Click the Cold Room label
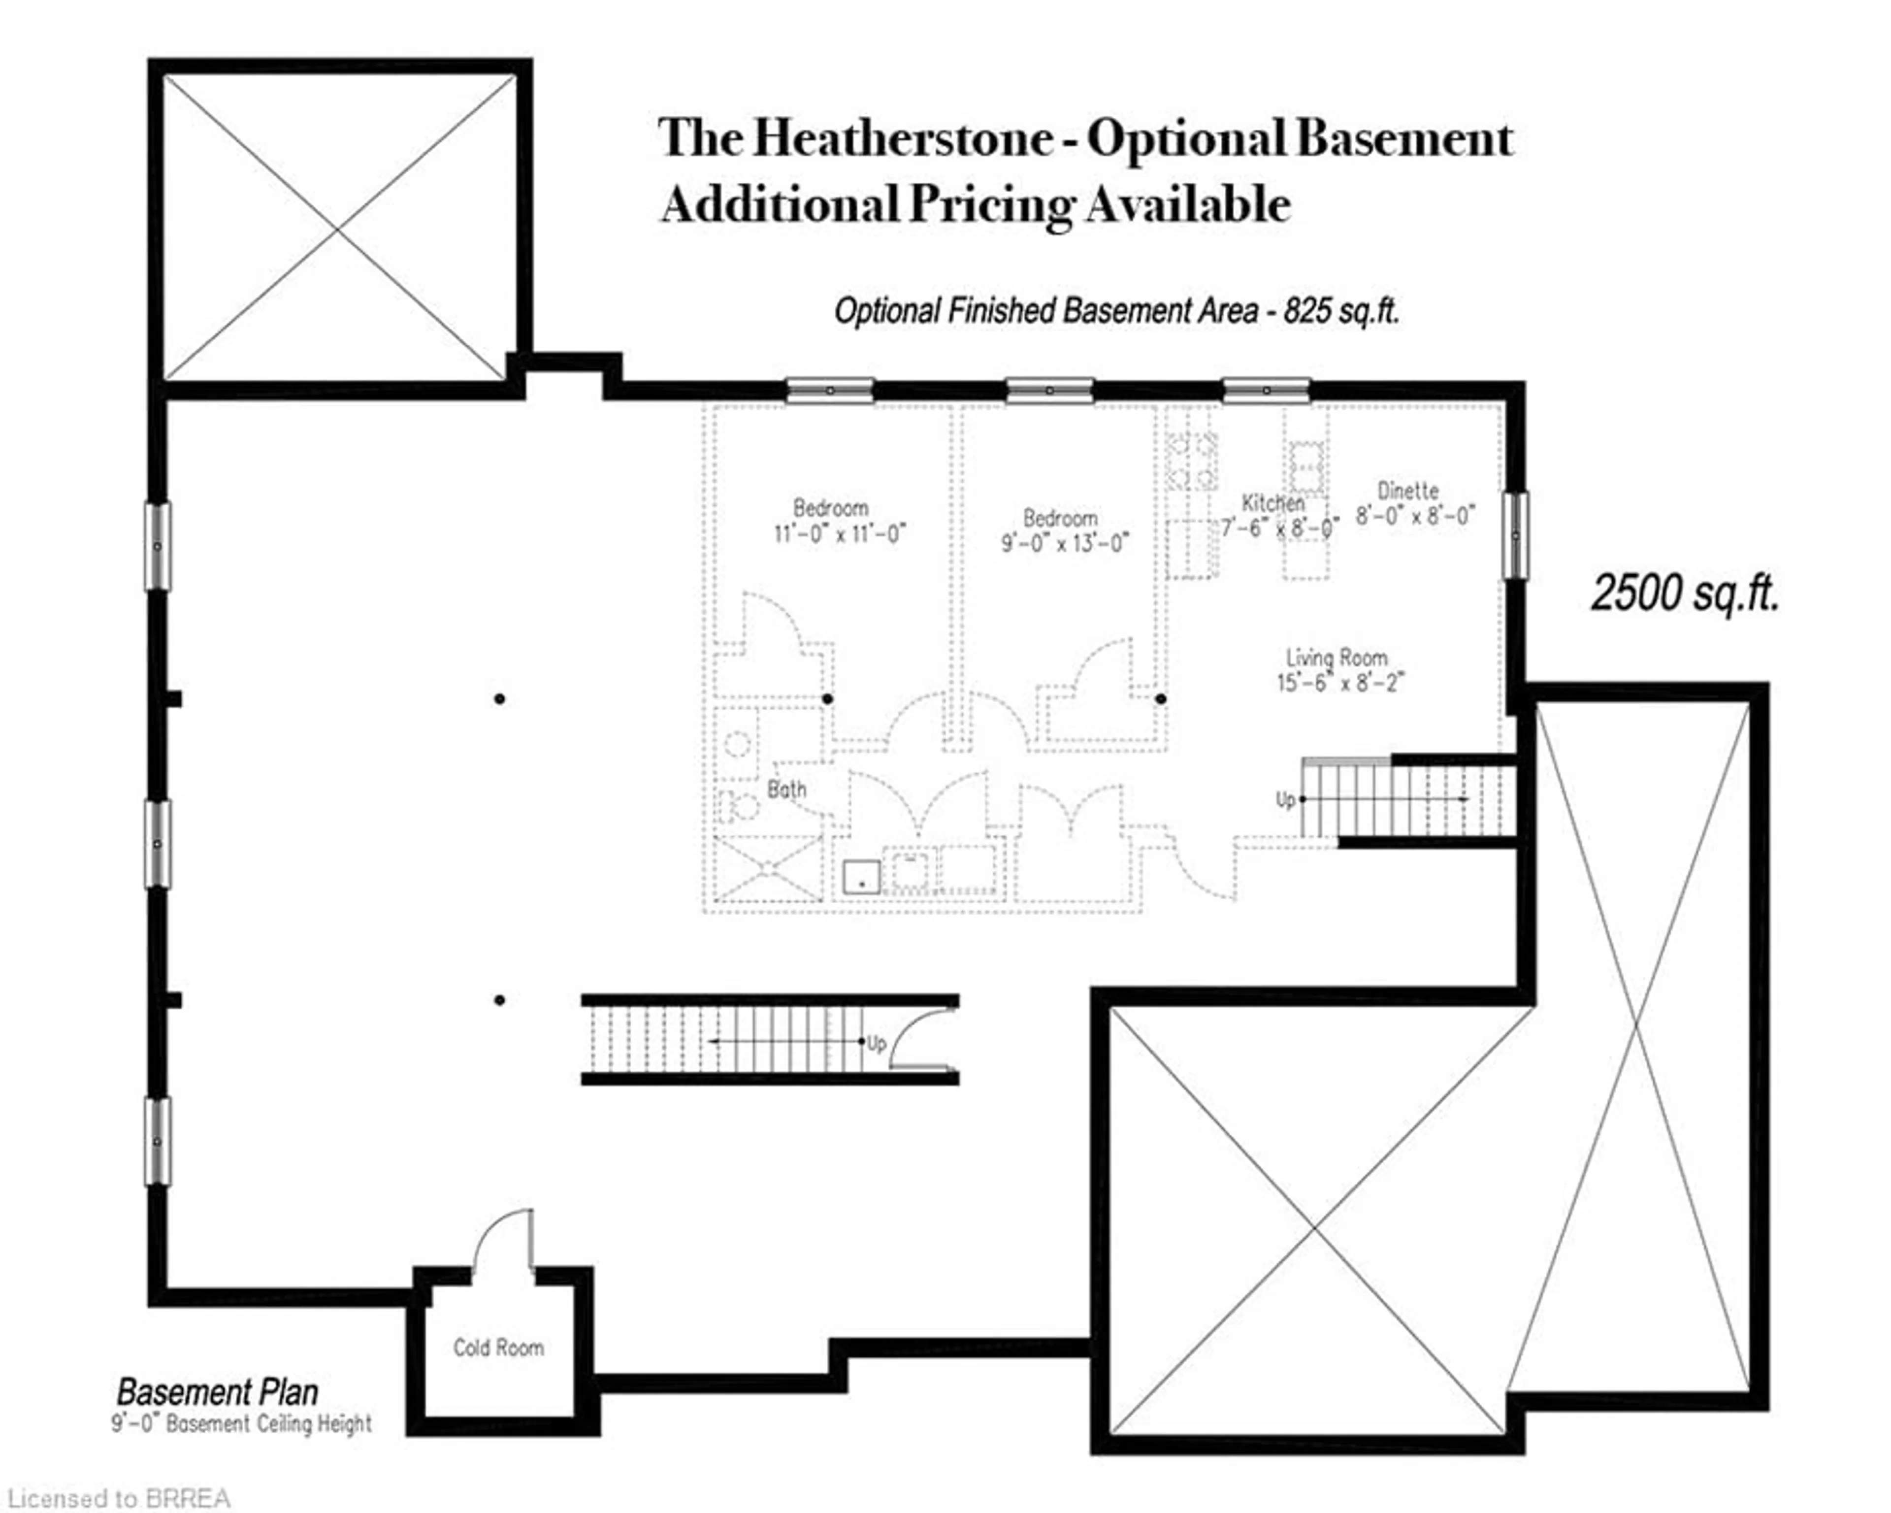click(498, 1347)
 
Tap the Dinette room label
click(1408, 491)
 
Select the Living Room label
click(1337, 657)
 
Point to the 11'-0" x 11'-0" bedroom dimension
click(839, 533)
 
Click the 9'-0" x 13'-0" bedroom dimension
click(1065, 543)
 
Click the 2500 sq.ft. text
click(1685, 593)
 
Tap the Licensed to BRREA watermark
click(118, 1498)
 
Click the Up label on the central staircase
click(876, 1043)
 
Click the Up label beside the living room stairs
click(1285, 799)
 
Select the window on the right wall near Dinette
click(1515, 535)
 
